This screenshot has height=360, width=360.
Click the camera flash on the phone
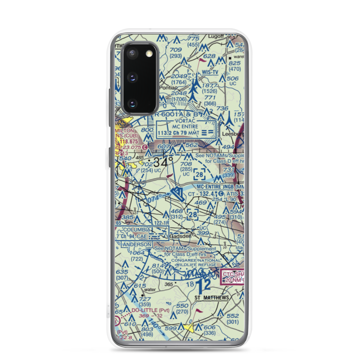point(148,54)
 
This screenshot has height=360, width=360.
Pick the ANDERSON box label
point(137,244)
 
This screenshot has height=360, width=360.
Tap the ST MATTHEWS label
point(211,298)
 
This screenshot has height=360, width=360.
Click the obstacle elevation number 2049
point(179,76)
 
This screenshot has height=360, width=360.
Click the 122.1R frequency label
point(161,223)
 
